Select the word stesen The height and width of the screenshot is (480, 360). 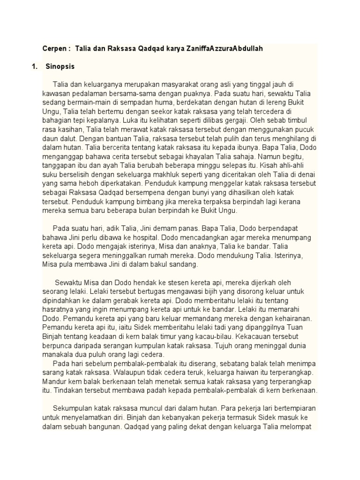click(x=155, y=283)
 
